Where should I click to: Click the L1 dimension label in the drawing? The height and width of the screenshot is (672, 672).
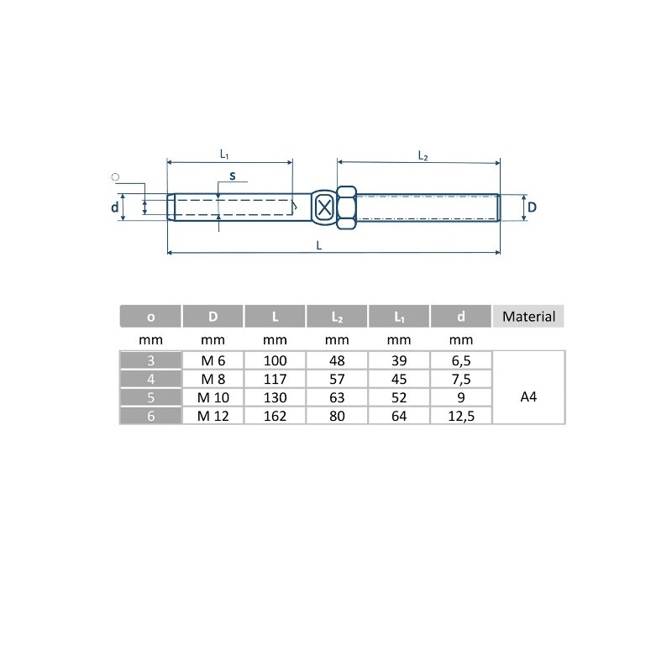coord(224,155)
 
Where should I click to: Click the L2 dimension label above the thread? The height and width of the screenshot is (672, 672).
coord(423,155)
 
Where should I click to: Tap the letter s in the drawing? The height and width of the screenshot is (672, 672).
coord(233,176)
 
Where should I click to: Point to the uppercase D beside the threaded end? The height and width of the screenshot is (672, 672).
coord(532,207)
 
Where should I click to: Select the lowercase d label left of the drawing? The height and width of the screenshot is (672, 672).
coord(114,207)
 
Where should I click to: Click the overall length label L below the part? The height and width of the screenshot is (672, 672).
coord(319,245)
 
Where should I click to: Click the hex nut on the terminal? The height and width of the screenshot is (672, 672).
coord(346,207)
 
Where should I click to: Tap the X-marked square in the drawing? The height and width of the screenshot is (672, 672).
coord(324,207)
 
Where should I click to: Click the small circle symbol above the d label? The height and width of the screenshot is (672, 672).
coord(115,177)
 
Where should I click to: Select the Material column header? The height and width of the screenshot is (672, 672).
coord(528,317)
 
